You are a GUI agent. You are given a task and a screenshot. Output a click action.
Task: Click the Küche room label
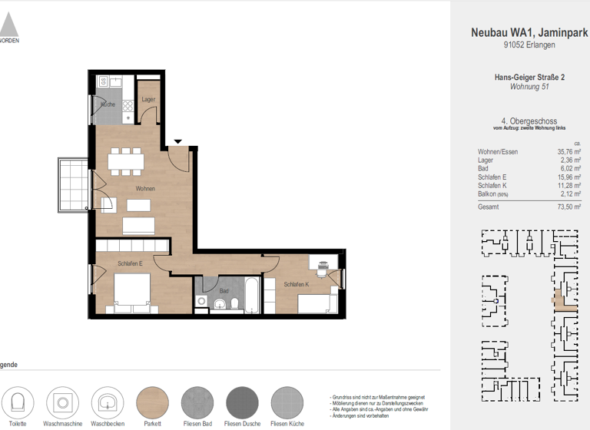click(108, 104)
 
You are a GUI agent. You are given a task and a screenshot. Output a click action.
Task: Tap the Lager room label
click(147, 100)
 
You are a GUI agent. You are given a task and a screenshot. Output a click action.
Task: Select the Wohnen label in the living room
click(145, 188)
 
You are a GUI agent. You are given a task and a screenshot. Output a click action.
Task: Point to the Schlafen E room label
click(130, 263)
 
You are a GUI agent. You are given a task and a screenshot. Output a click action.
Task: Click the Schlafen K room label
click(295, 284)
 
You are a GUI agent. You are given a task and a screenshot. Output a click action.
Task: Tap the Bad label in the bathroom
click(224, 291)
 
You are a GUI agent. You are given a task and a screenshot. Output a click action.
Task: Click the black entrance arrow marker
click(178, 141)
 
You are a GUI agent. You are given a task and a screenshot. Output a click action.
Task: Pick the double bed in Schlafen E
click(131, 295)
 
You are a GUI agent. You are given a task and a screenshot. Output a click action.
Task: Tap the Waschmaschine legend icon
click(62, 402)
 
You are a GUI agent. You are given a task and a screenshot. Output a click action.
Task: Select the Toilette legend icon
click(18, 402)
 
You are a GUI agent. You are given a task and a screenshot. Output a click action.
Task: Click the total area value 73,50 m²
click(568, 207)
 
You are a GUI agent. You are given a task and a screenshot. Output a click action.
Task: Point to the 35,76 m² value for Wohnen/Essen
click(568, 152)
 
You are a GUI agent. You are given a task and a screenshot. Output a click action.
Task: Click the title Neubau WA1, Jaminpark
click(528, 32)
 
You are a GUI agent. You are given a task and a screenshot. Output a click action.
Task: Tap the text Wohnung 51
click(529, 87)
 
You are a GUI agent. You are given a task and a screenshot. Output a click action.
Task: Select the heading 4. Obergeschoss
click(529, 121)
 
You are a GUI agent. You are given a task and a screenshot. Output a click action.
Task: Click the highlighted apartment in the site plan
click(565, 302)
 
